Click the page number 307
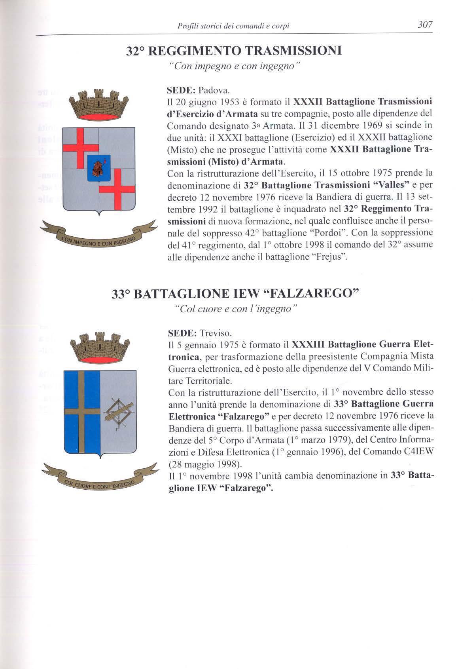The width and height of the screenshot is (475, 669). coord(425,25)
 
